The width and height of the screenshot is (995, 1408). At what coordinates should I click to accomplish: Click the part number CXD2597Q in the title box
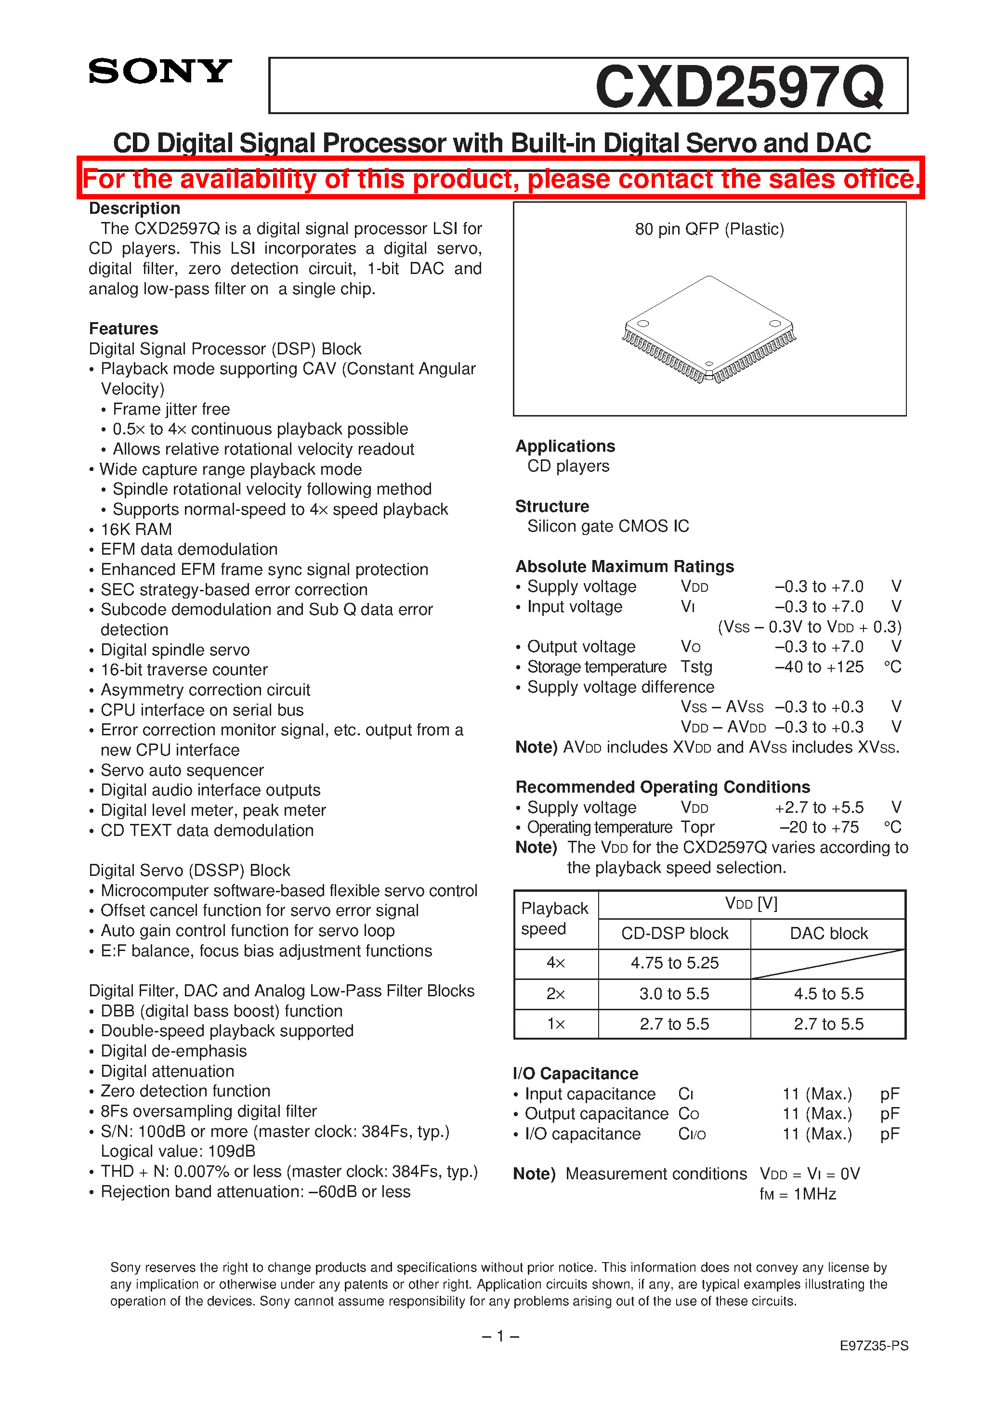[x=739, y=87]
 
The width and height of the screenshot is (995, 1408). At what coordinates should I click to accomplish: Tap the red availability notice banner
[x=500, y=179]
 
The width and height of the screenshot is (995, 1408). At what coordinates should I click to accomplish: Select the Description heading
[x=134, y=209]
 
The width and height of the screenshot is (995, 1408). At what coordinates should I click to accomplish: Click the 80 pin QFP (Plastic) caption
[x=709, y=229]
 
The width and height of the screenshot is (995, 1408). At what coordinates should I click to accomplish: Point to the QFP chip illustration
[x=708, y=329]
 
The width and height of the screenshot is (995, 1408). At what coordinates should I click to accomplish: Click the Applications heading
[x=565, y=446]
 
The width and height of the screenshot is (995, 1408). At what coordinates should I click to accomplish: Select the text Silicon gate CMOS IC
[x=608, y=526]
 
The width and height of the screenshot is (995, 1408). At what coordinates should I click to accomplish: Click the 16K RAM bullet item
[x=136, y=529]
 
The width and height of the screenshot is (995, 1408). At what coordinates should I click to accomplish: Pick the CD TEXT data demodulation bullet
[x=207, y=830]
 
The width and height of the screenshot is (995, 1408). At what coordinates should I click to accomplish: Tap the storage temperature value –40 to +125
[x=819, y=666]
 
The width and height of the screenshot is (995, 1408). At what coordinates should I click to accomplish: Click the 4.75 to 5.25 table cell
[x=674, y=963]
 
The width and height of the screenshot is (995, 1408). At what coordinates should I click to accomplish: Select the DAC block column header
[x=828, y=933]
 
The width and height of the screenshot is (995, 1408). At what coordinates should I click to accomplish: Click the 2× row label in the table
[x=556, y=993]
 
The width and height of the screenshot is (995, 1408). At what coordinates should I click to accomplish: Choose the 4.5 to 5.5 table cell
[x=828, y=993]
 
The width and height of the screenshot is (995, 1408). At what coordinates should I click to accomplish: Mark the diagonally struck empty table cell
[x=828, y=964]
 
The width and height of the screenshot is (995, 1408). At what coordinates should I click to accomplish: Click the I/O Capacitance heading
[x=576, y=1073]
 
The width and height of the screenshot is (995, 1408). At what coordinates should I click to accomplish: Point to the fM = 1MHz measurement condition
[x=798, y=1194]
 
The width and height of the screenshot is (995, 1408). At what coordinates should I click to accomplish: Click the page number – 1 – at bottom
[x=500, y=1336]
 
